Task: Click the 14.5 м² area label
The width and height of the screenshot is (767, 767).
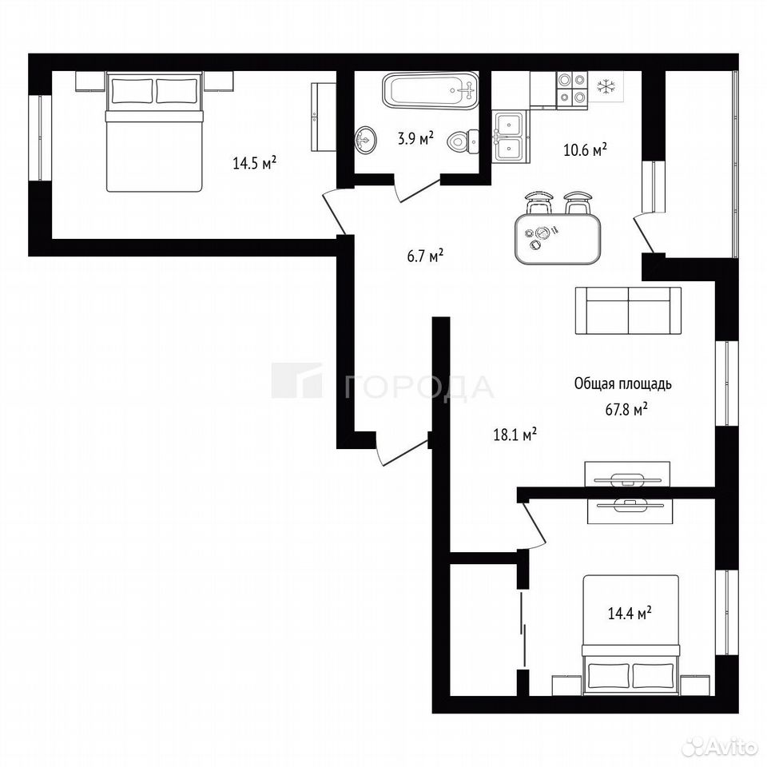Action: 254,162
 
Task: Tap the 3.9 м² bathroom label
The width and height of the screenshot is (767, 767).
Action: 415,138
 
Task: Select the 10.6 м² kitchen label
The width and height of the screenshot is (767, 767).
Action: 585,149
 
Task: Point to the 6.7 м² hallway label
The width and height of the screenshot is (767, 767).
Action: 425,256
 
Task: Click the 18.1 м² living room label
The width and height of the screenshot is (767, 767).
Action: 515,434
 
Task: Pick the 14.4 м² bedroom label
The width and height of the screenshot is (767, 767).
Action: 630,613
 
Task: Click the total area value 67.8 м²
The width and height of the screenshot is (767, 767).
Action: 626,409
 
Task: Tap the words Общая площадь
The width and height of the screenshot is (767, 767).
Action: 622,384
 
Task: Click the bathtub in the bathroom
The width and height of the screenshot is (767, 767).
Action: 430,90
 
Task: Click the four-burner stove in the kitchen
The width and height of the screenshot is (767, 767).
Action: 572,89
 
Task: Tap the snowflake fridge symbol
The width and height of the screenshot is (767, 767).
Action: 606,87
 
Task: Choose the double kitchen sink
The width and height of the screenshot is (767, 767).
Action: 511,136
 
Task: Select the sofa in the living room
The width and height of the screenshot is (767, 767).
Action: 628,311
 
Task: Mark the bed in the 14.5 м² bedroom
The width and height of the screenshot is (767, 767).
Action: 154,132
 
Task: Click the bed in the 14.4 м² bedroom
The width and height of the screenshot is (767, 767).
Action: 630,635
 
